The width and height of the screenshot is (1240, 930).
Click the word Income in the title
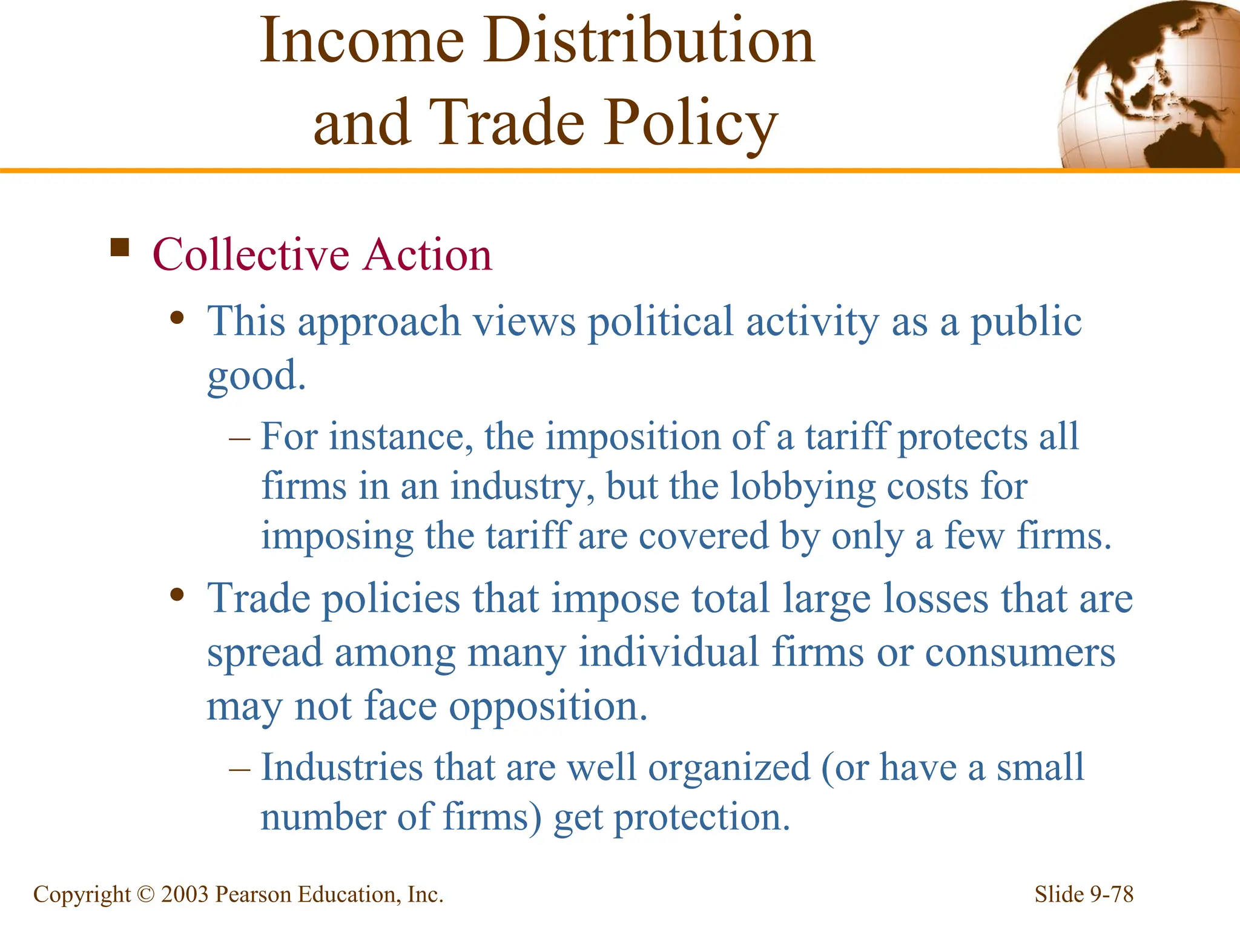pos(362,41)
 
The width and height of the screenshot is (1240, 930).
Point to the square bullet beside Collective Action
pos(120,248)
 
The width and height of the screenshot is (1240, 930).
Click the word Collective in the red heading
pos(251,255)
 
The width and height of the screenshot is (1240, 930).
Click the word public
pos(1026,322)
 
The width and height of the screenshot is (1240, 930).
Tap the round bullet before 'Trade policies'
pos(177,595)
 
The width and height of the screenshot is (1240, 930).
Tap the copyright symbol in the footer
pos(146,894)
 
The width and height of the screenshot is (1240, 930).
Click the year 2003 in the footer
pos(185,894)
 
